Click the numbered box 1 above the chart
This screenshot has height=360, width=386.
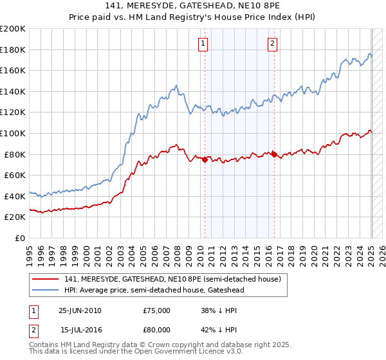[203, 44]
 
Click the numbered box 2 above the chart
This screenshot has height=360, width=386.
[273, 44]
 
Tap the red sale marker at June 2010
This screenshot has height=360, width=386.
[205, 160]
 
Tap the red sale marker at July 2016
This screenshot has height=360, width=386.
[274, 154]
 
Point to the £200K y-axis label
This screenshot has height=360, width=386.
[13, 29]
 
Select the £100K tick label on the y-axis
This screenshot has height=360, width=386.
[13, 133]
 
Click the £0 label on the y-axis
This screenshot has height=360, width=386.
[19, 238]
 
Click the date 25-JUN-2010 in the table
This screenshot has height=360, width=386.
[80, 310]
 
